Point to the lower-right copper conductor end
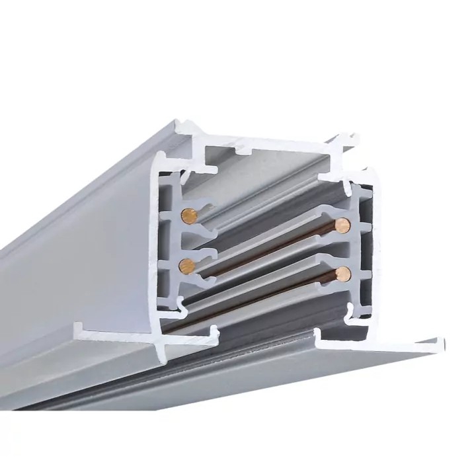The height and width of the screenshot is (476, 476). pos(342,274)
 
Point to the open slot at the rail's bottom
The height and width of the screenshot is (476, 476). pos(264,331)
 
